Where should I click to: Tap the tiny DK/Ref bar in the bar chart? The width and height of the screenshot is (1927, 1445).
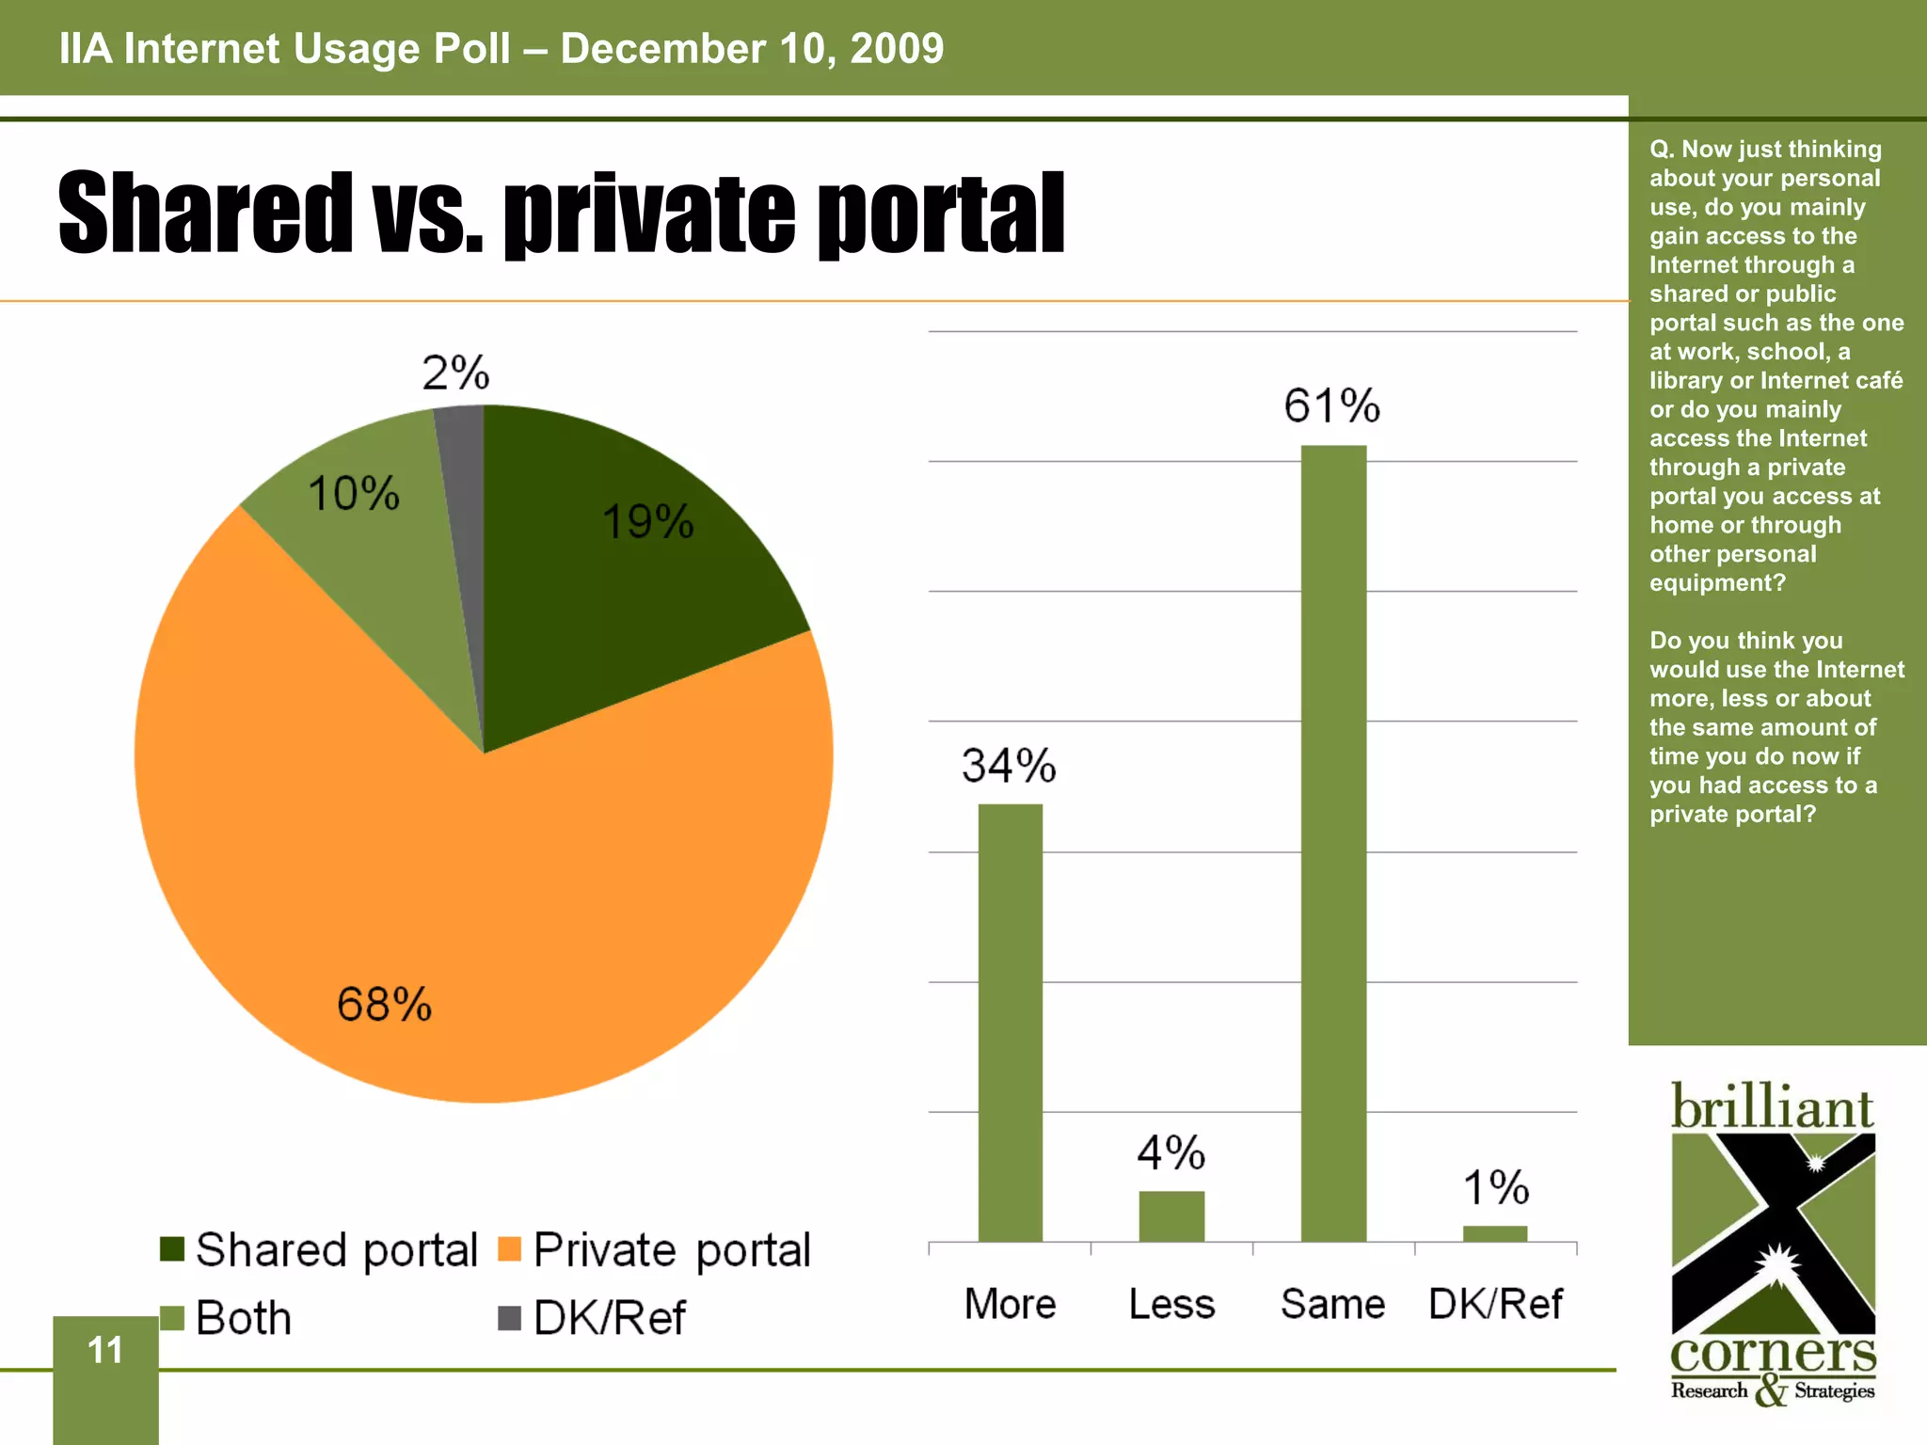(1495, 1233)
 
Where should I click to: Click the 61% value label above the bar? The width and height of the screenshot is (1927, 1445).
(1331, 406)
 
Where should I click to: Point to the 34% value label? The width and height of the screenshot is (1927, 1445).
(1009, 766)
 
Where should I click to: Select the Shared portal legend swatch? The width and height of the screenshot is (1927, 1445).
(172, 1249)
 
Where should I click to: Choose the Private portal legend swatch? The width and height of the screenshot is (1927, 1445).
(509, 1249)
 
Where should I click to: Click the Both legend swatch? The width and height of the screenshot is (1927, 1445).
(172, 1317)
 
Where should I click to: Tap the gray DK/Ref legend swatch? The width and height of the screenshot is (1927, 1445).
(509, 1317)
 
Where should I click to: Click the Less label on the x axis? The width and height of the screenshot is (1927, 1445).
(1171, 1304)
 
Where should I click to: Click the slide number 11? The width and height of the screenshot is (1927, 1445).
(105, 1351)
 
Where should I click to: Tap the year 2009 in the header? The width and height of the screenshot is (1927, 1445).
(897, 49)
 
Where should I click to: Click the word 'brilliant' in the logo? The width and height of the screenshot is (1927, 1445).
(1772, 1107)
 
